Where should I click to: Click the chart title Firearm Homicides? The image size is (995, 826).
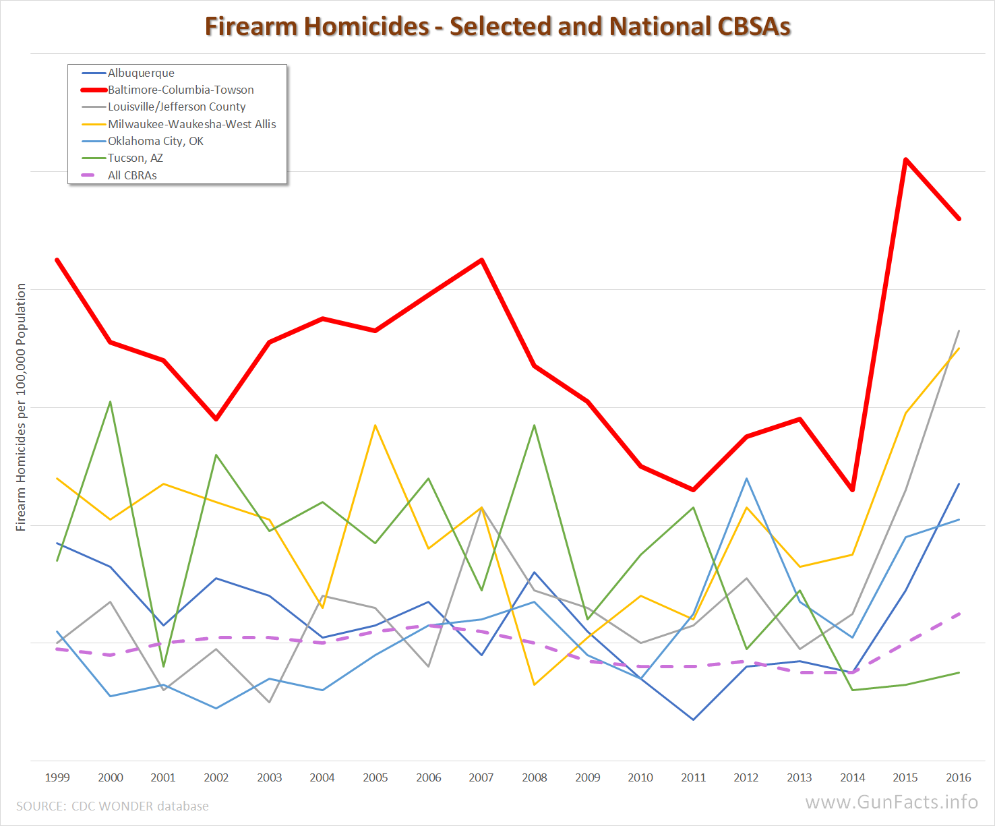pyautogui.click(x=497, y=26)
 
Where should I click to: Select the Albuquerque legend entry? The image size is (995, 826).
pyautogui.click(x=141, y=73)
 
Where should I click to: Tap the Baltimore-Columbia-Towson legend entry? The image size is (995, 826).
pyautogui.click(x=181, y=90)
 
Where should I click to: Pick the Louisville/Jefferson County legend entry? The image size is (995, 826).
pyautogui.click(x=177, y=107)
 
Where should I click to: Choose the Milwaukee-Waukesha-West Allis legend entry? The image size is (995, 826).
pyautogui.click(x=191, y=124)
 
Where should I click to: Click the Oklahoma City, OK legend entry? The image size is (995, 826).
pyautogui.click(x=156, y=141)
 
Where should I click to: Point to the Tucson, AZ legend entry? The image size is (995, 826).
pyautogui.click(x=135, y=158)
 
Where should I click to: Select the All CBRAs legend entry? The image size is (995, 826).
pyautogui.click(x=132, y=175)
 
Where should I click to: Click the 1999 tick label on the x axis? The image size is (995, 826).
pyautogui.click(x=57, y=777)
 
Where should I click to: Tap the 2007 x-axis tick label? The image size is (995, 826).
pyautogui.click(x=481, y=777)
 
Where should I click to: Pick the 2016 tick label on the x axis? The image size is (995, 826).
pyautogui.click(x=959, y=777)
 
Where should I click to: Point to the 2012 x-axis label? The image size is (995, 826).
pyautogui.click(x=746, y=777)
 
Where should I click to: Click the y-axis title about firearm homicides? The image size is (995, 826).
pyautogui.click(x=21, y=407)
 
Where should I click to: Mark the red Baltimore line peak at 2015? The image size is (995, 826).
pyautogui.click(x=905, y=160)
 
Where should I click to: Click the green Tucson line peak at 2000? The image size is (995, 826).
pyautogui.click(x=110, y=402)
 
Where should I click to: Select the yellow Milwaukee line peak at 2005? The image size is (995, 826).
pyautogui.click(x=375, y=425)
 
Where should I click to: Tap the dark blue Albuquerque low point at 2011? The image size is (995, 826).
pyautogui.click(x=693, y=719)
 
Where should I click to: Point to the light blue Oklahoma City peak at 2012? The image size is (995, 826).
pyautogui.click(x=746, y=479)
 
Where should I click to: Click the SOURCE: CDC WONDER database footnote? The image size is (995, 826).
pyautogui.click(x=113, y=806)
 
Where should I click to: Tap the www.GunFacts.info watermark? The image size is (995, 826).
pyautogui.click(x=891, y=802)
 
